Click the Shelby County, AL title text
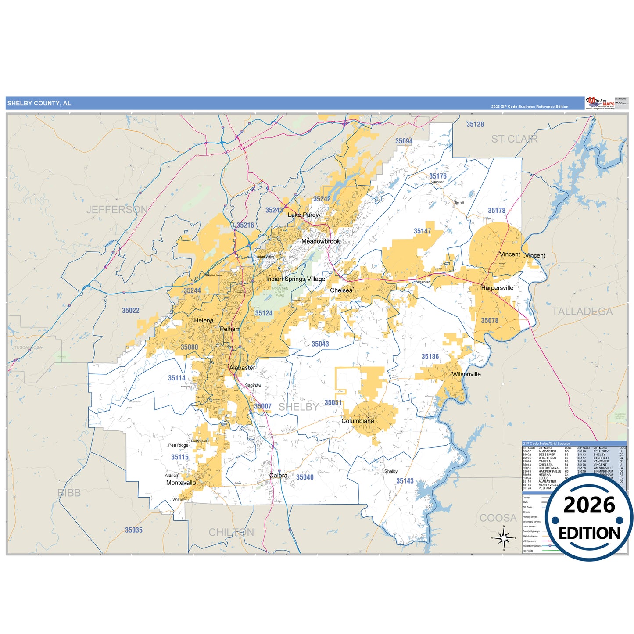(x=39, y=104)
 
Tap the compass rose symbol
(x=504, y=537)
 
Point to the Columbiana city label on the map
(x=358, y=421)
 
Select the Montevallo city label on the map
(x=181, y=483)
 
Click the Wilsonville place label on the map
(x=466, y=374)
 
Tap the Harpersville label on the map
(x=497, y=288)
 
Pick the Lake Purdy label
(x=303, y=215)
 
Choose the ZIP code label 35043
(x=320, y=344)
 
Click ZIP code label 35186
(x=430, y=357)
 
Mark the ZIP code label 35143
(x=405, y=481)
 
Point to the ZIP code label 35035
(x=134, y=530)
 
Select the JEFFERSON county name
(x=117, y=210)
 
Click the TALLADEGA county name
(x=582, y=312)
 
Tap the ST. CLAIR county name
(x=514, y=140)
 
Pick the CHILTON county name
(x=231, y=532)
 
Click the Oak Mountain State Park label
(x=280, y=290)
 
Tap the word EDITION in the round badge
(x=589, y=533)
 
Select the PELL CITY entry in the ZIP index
(x=601, y=451)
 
